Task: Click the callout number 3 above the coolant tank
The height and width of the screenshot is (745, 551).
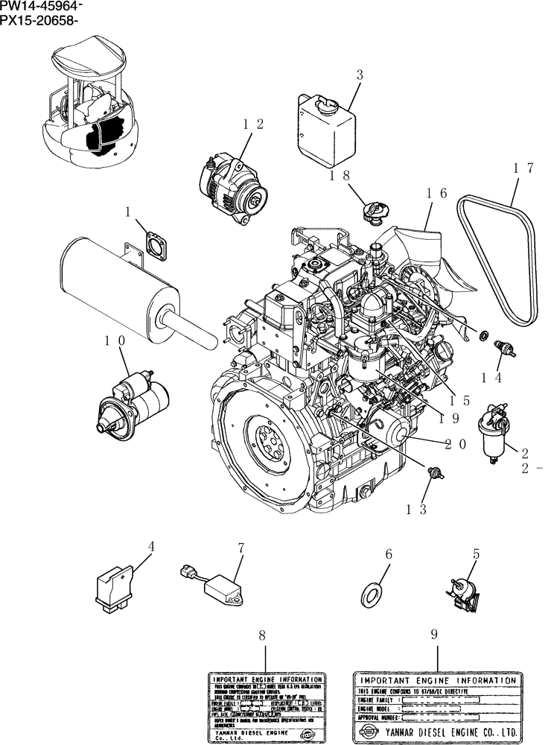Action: coord(359,74)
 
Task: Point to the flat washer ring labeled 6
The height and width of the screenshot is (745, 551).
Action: coord(370,594)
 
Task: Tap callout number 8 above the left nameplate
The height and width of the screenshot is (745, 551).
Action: coord(262,635)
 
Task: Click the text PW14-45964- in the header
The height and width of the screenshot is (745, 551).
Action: coord(42,7)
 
